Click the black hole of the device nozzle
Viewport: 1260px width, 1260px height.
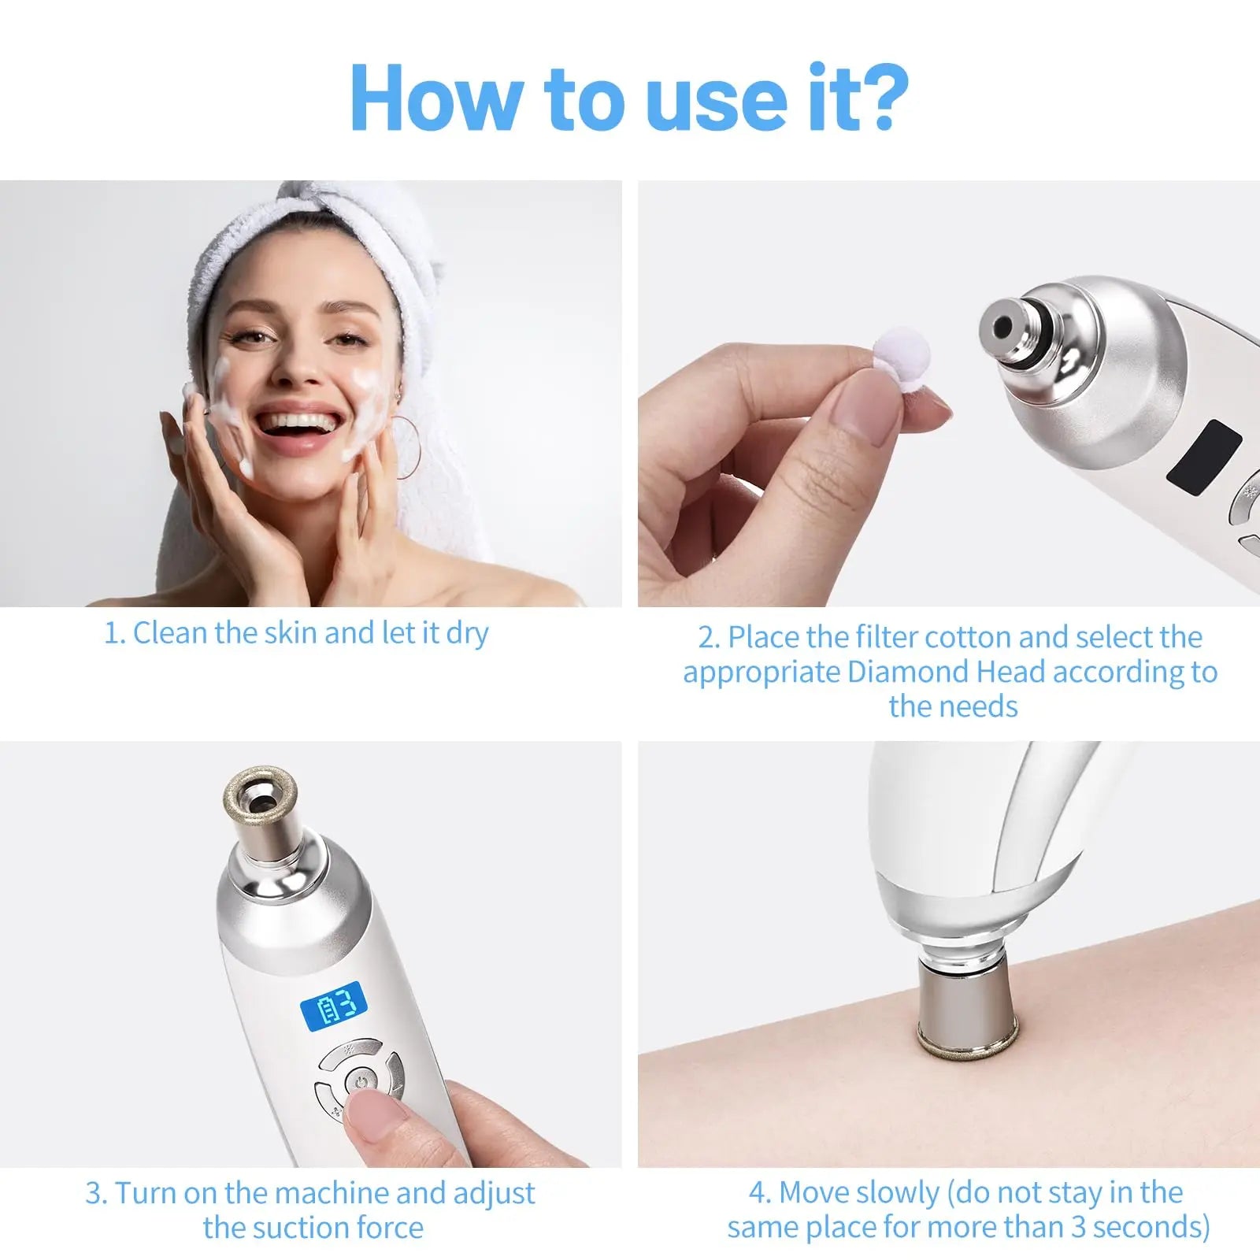coord(1002,325)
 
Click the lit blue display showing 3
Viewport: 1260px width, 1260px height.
coord(334,1006)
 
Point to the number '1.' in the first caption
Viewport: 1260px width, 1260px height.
coord(115,633)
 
